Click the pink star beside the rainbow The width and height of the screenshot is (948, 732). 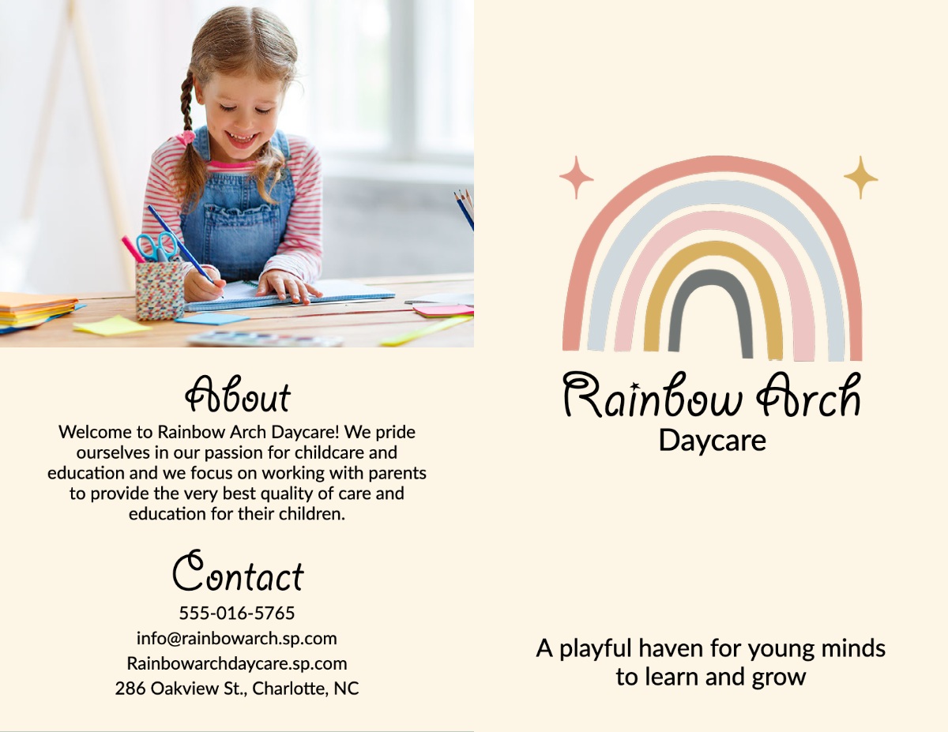click(x=576, y=177)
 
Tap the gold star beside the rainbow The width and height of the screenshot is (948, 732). click(x=860, y=177)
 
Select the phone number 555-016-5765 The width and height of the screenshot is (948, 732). click(x=237, y=613)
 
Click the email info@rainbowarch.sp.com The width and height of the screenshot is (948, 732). click(x=237, y=638)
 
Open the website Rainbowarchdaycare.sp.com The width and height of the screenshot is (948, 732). click(x=237, y=663)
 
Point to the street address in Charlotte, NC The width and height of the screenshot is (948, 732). click(x=237, y=688)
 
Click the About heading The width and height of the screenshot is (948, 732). click(x=238, y=395)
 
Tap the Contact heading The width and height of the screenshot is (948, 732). click(x=238, y=571)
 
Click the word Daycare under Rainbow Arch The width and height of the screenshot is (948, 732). click(x=712, y=441)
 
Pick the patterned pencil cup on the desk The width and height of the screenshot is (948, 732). click(x=160, y=291)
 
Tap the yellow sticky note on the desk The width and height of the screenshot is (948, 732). click(x=111, y=325)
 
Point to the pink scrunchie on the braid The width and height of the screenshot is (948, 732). click(x=186, y=137)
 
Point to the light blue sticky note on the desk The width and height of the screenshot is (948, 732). click(x=213, y=319)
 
